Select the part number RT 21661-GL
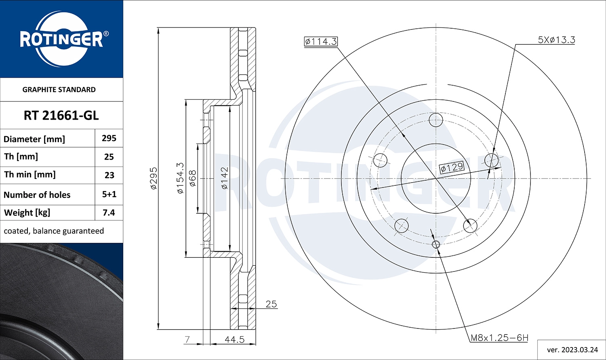pyautogui.click(x=61, y=116)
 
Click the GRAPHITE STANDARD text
pyautogui.click(x=59, y=90)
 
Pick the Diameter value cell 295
pyautogui.click(x=109, y=138)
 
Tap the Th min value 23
pyautogui.click(x=109, y=175)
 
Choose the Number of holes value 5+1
pyautogui.click(x=109, y=194)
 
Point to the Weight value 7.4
pyautogui.click(x=109, y=213)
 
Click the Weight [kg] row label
pyautogui.click(x=27, y=213)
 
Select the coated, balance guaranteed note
pyautogui.click(x=54, y=231)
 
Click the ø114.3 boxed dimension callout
pyautogui.click(x=321, y=41)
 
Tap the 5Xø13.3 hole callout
pyautogui.click(x=556, y=40)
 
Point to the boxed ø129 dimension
pyautogui.click(x=452, y=167)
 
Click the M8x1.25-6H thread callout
pyautogui.click(x=499, y=338)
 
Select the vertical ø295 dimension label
pyautogui.click(x=154, y=178)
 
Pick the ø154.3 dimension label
pyautogui.click(x=181, y=178)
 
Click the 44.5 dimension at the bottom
pyautogui.click(x=234, y=339)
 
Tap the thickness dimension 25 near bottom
pyautogui.click(x=271, y=304)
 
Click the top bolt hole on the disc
pyautogui.click(x=436, y=120)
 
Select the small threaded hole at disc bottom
pyautogui.click(x=436, y=244)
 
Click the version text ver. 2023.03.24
pyautogui.click(x=572, y=349)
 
